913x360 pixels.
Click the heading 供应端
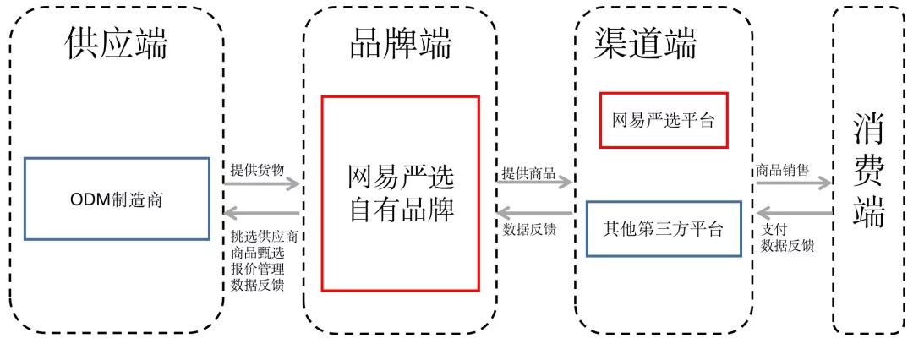116,45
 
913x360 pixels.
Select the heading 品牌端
400,45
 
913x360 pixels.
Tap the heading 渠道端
647,45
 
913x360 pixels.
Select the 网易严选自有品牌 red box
400,194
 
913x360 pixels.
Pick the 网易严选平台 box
663,120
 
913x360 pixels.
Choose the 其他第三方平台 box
663,228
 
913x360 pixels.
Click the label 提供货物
257,168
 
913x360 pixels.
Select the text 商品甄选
257,252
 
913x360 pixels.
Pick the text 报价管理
257,268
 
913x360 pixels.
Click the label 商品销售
782,169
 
